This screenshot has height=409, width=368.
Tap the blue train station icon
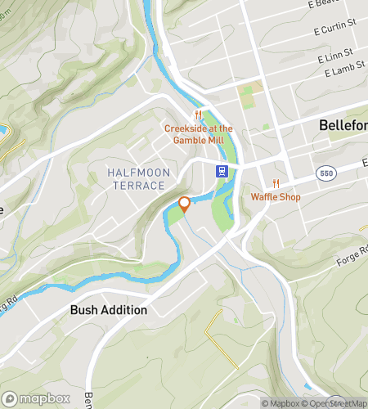(x=221, y=171)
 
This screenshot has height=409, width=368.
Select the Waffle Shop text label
(x=276, y=197)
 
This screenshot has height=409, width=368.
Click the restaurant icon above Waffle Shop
(x=276, y=183)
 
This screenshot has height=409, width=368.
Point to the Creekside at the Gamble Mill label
(x=199, y=134)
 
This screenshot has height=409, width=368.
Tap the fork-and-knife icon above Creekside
(x=197, y=115)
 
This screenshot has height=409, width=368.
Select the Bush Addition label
(x=109, y=310)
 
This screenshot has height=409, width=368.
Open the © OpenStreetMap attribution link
(x=334, y=403)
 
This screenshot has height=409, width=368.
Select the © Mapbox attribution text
(x=280, y=403)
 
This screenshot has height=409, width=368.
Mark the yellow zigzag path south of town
(x=216, y=335)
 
